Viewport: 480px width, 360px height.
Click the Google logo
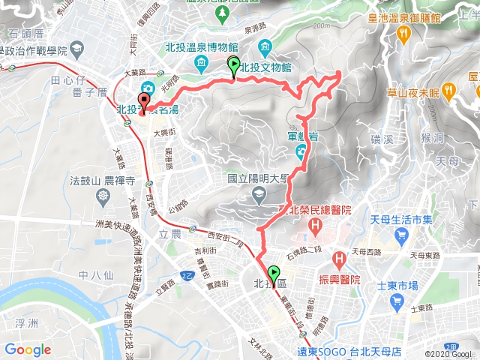pos(28,349)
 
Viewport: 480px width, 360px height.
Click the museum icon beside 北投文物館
pos(266,49)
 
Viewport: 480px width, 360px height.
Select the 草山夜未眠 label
pos(411,93)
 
